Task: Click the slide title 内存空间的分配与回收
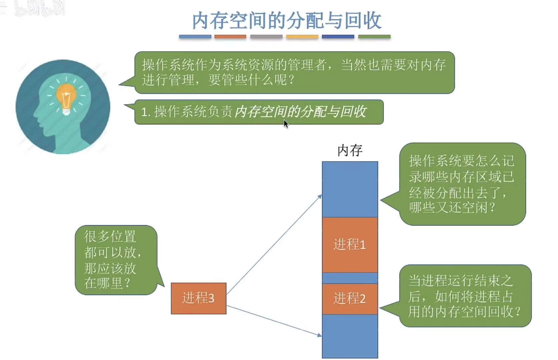(x=286, y=21)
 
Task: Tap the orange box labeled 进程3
(x=199, y=298)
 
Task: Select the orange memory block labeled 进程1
(x=350, y=245)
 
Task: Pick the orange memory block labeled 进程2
(x=350, y=299)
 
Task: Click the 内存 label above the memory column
(x=350, y=151)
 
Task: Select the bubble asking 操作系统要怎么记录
(x=462, y=184)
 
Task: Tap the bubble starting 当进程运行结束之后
(x=465, y=296)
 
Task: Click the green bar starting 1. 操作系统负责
(x=259, y=112)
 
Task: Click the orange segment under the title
(x=230, y=37)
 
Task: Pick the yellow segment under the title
(x=302, y=37)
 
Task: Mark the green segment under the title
(x=374, y=37)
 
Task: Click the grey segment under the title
(x=266, y=37)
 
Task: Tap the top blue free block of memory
(x=350, y=189)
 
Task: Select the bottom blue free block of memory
(x=350, y=336)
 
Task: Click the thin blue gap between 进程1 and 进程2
(x=350, y=278)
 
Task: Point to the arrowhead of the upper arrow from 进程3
(x=320, y=196)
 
